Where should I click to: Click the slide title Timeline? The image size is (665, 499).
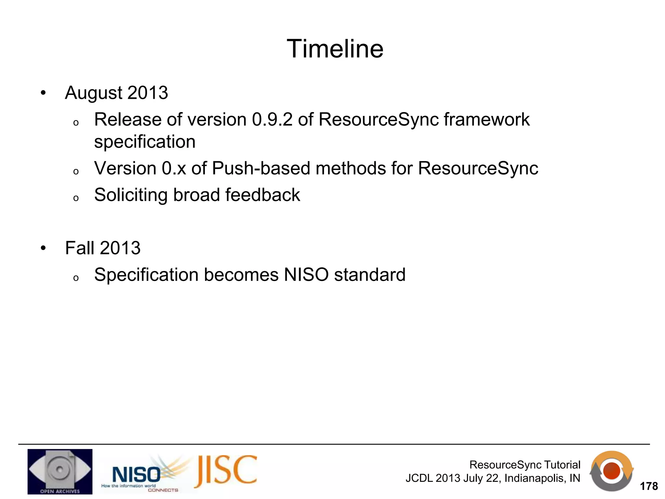[x=335, y=49]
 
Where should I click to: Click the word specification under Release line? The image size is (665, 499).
[x=145, y=142]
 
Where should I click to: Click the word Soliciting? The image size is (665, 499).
[x=131, y=195]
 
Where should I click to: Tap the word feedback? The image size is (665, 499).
[x=262, y=195]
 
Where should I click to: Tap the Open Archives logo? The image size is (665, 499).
[x=60, y=471]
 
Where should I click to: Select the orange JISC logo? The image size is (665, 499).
[x=226, y=471]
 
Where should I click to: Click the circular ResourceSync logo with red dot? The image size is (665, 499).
[x=611, y=471]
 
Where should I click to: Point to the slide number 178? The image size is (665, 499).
[x=648, y=486]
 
